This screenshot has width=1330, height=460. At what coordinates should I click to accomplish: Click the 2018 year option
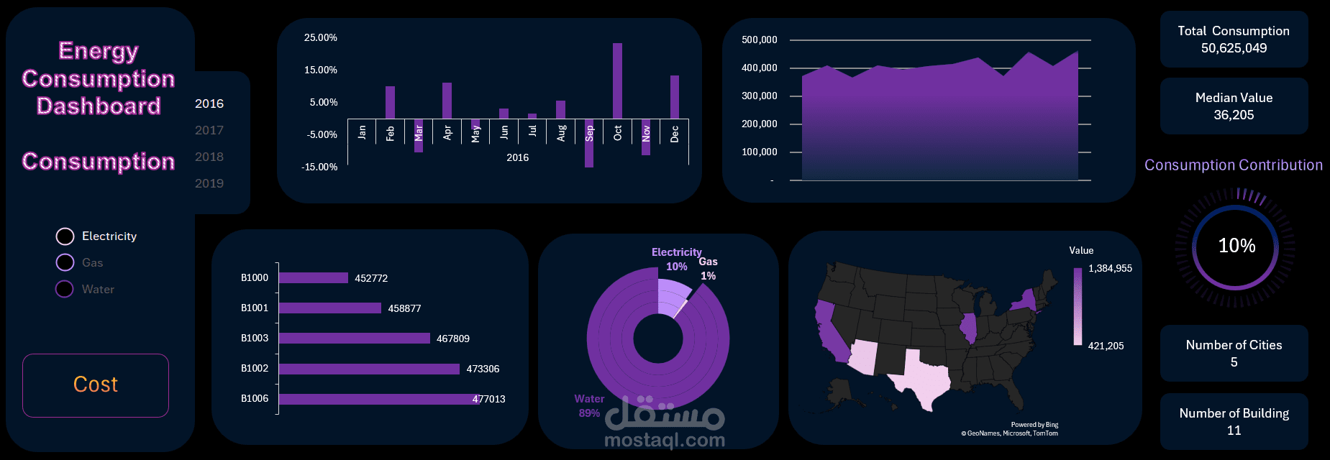click(209, 157)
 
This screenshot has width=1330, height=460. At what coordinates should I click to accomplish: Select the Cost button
click(96, 385)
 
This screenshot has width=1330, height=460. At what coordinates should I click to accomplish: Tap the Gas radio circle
click(65, 262)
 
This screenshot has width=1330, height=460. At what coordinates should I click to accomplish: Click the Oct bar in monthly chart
click(617, 80)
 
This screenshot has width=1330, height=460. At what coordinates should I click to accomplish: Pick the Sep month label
click(589, 133)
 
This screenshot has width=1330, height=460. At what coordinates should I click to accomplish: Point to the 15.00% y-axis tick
click(321, 70)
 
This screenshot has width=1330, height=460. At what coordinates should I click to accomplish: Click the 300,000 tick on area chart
click(760, 96)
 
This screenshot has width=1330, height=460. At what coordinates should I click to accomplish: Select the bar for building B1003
click(354, 338)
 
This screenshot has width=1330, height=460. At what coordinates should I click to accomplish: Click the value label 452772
click(371, 278)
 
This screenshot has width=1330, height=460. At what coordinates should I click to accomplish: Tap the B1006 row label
click(255, 398)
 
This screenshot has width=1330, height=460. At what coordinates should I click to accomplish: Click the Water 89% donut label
click(589, 405)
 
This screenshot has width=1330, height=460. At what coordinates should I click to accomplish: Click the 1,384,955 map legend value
click(1110, 268)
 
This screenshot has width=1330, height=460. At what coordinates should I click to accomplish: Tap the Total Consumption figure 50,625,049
click(1234, 48)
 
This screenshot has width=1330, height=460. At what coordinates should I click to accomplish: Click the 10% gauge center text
click(1236, 246)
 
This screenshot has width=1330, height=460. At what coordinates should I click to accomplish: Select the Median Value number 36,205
click(1234, 115)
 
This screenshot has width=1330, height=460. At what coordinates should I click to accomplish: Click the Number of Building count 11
click(1234, 431)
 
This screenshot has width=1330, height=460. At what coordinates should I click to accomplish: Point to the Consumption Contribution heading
click(1233, 165)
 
